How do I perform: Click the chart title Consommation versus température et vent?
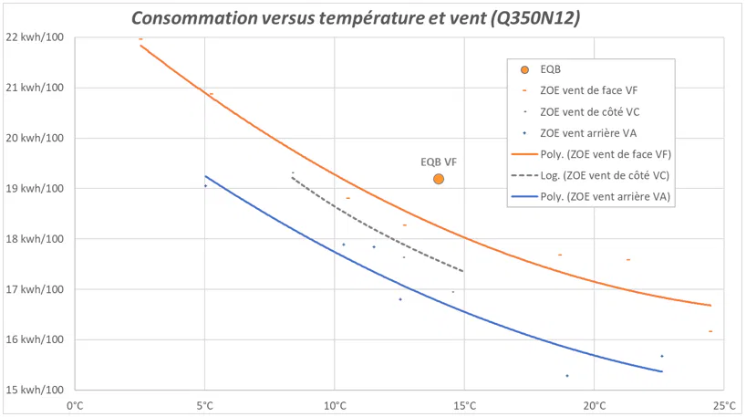coord(356,17)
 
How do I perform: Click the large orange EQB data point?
coord(439,179)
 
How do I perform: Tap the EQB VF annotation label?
coord(439,162)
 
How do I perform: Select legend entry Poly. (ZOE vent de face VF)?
coord(606,153)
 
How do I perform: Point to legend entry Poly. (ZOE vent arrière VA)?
coord(606,195)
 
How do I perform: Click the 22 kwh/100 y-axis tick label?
coord(35,37)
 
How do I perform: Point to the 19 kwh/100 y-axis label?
coord(35,189)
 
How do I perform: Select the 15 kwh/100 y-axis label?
coord(35,391)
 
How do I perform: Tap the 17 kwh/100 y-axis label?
coord(35,290)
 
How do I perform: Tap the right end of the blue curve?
coord(661,371)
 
